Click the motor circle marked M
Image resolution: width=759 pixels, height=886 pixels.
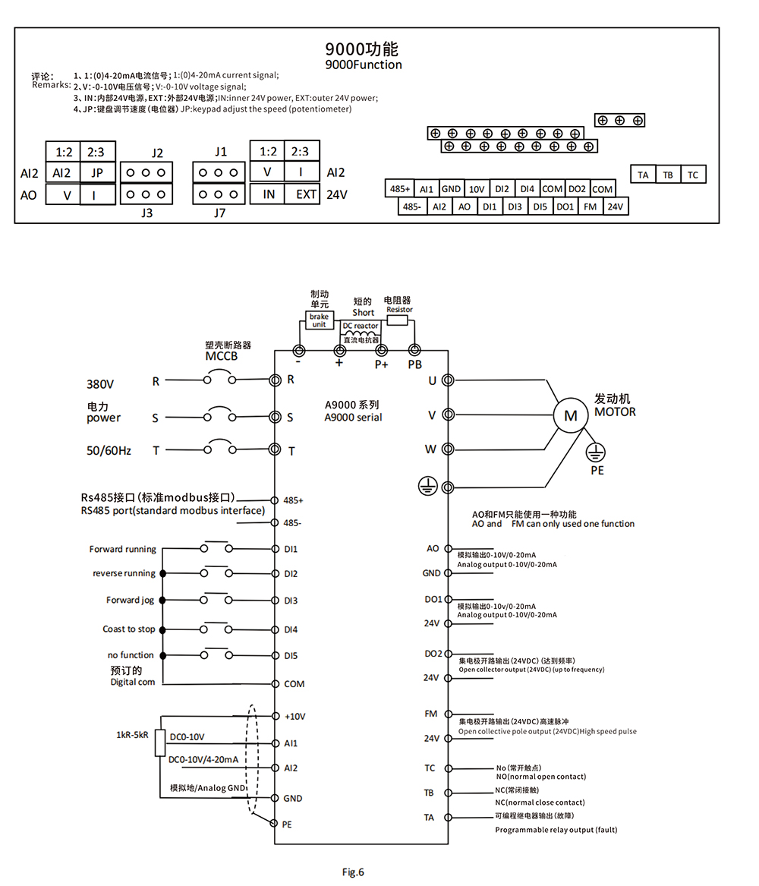tap(571, 415)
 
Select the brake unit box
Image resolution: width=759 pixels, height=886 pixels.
tap(318, 320)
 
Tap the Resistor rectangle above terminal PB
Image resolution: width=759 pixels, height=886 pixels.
tap(399, 320)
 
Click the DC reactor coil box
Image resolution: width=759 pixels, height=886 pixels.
tap(360, 333)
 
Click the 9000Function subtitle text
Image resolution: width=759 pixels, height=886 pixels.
tap(363, 65)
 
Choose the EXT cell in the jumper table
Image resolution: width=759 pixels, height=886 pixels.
tap(306, 194)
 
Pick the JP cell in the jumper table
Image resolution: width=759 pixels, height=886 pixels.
tap(97, 172)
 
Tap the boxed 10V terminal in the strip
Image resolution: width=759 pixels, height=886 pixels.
tap(476, 189)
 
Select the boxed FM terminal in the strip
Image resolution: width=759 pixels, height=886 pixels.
tap(590, 207)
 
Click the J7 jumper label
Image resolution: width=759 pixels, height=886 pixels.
tap(220, 213)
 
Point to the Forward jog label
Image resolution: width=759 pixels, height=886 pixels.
tap(130, 601)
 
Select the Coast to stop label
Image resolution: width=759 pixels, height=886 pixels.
tap(128, 629)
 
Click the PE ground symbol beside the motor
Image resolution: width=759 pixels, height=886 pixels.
tap(597, 454)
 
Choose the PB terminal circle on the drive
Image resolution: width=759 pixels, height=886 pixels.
tap(414, 350)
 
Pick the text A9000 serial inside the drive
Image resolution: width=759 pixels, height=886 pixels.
tap(353, 418)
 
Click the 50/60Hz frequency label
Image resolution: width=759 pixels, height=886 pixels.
tap(109, 451)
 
